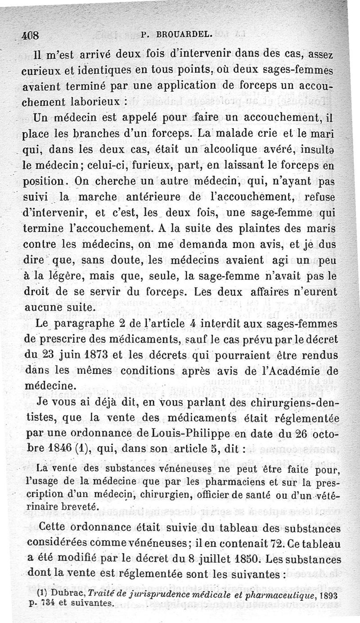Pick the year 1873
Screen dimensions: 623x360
click(95, 354)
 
